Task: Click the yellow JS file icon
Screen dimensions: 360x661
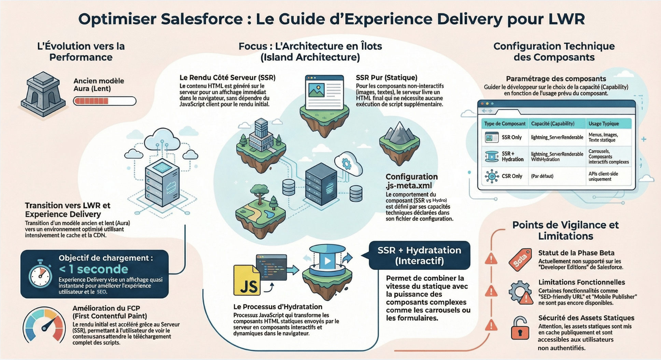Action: [247, 280]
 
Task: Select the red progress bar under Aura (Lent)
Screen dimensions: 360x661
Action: [104, 101]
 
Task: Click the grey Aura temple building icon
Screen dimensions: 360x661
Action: [43, 94]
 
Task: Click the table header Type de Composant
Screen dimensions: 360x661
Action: [505, 124]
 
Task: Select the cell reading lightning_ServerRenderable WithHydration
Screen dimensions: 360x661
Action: [557, 157]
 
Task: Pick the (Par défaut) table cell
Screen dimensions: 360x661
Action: [542, 176]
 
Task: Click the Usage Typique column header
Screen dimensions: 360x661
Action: [603, 124]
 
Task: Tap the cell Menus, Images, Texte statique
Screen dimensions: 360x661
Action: [603, 137]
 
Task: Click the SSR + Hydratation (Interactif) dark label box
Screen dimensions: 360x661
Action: [419, 255]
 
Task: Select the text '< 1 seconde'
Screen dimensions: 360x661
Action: [94, 269]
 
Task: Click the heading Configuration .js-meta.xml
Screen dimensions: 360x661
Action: [411, 181]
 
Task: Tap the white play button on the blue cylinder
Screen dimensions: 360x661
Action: [327, 261]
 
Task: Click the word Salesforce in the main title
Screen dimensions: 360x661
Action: [201, 19]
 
